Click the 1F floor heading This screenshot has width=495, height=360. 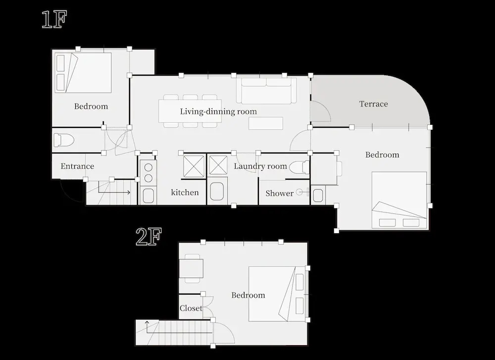pos(54,20)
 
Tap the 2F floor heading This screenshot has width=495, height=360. pos(148,237)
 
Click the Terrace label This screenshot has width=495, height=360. pos(373,104)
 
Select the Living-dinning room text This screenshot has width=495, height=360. pos(218,111)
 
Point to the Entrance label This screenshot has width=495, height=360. pos(77,166)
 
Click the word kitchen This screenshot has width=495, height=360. pos(185,192)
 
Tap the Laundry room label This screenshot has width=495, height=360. pos(260,166)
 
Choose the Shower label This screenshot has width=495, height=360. pos(279,193)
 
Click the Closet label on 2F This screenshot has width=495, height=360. pos(191,308)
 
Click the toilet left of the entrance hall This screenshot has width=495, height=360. pos(64,140)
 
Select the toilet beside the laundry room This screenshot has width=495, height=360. pos(299,167)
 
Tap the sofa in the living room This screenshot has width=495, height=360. pos(266,90)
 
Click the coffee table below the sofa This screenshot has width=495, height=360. pos(266,123)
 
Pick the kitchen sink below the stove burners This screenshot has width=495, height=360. pos(148,196)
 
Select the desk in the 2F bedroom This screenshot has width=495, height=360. pos(191,268)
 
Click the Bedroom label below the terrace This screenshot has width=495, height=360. pos(382,154)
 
